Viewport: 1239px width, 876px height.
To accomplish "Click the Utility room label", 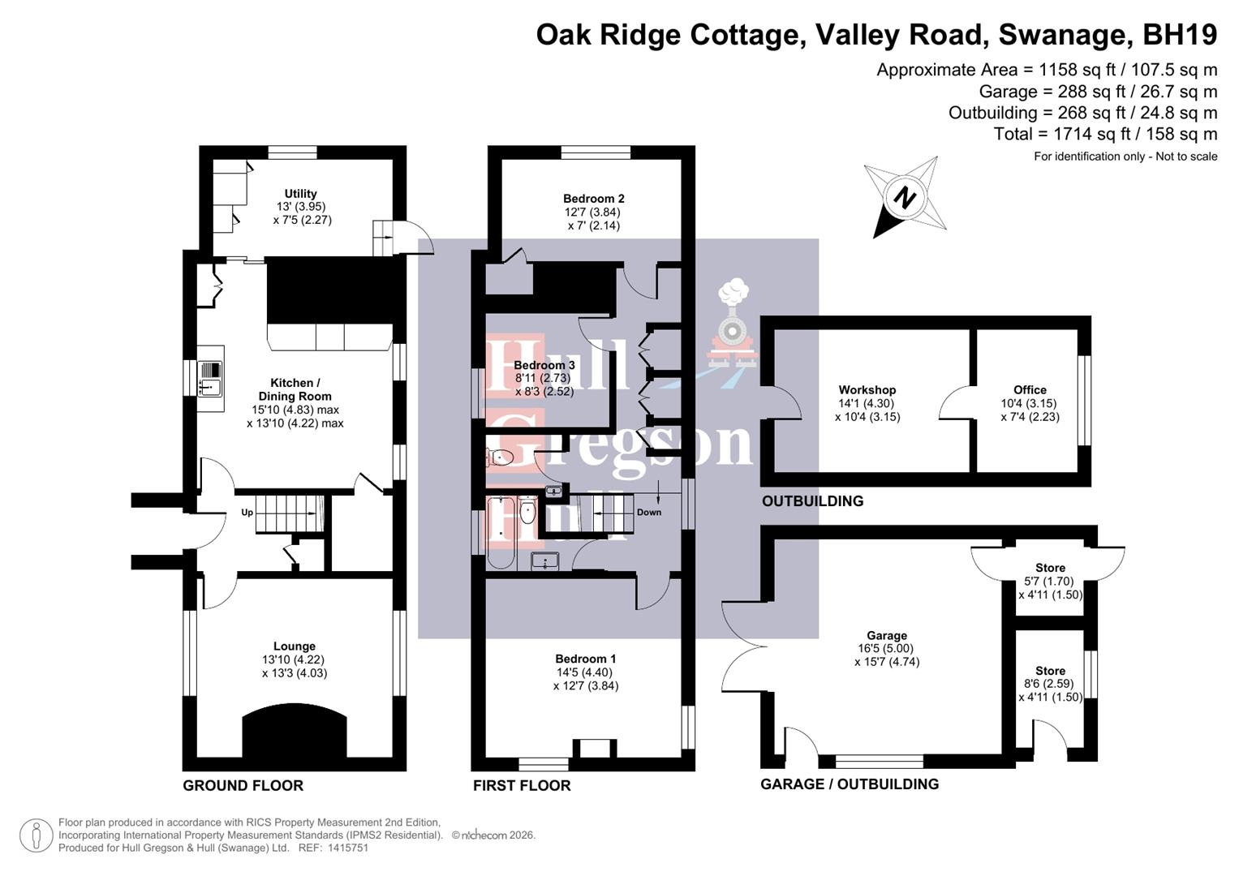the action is click(300, 194).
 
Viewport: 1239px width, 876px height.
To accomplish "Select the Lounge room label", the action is click(295, 646).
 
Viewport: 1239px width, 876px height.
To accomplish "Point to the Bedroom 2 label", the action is click(594, 199).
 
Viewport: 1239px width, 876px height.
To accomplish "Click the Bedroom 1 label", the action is click(586, 659).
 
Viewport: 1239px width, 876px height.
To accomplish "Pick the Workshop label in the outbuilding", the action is click(867, 390).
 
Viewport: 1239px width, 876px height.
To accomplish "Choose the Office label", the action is click(1030, 390).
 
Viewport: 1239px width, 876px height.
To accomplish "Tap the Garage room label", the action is click(887, 636).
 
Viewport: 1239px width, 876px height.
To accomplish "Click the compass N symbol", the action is click(905, 197).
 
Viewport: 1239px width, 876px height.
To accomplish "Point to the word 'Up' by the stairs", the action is click(247, 513).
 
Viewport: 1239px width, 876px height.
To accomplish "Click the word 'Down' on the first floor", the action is click(649, 513).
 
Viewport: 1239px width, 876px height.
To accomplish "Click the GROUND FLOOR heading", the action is click(243, 785).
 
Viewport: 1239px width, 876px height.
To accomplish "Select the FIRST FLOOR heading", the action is click(522, 785).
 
